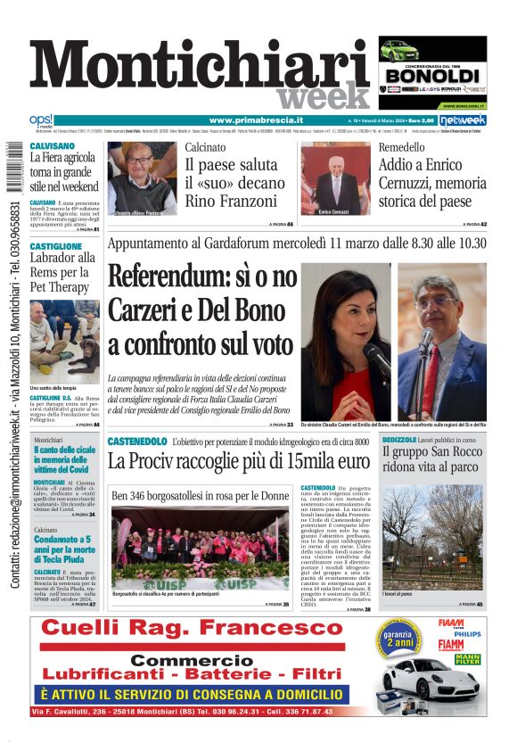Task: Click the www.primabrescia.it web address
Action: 256,120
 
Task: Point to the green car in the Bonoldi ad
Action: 398,50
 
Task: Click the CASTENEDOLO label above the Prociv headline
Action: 136,442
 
